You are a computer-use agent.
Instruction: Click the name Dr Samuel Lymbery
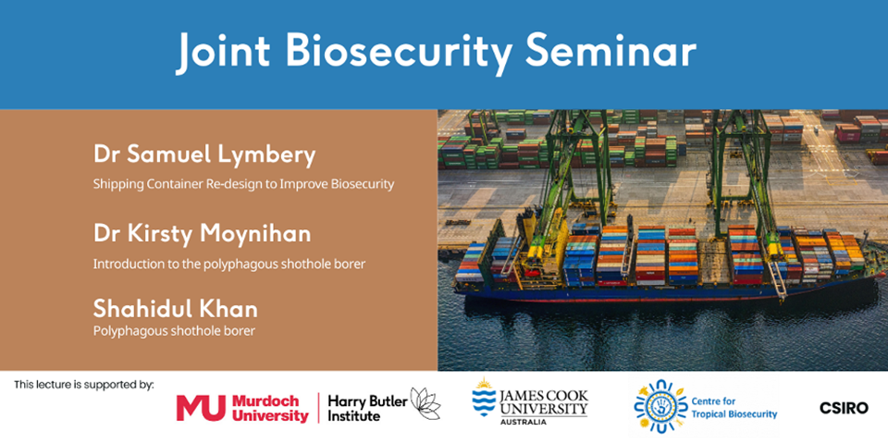pos(203,154)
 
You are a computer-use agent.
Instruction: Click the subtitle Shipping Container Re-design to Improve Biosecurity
pos(243,184)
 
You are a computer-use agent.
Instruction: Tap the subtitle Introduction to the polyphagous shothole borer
pos(229,264)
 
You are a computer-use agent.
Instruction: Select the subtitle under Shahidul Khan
pos(174,329)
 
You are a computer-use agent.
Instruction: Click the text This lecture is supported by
pos(84,384)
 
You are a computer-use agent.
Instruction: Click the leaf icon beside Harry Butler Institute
pos(425,404)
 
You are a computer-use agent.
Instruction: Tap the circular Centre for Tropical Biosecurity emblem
pos(660,405)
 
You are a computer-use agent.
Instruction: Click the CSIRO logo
pos(844,407)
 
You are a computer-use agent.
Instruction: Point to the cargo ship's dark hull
pos(647,291)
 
